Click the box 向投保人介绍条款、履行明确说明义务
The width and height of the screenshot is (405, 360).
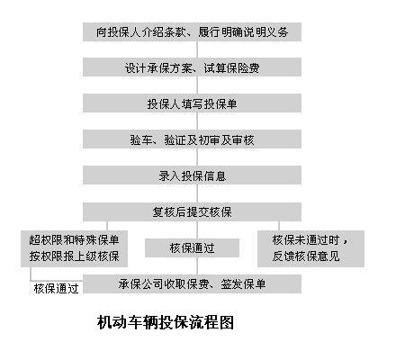click(192, 31)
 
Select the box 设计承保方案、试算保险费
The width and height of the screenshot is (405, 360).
click(192, 67)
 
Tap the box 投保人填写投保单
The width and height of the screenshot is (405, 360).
click(192, 103)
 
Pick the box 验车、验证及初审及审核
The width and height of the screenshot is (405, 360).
click(192, 139)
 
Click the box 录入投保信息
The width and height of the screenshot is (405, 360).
click(192, 175)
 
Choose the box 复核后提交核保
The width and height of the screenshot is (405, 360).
click(192, 211)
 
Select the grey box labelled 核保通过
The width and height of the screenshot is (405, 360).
click(192, 247)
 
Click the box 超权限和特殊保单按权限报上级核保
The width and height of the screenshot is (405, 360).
click(74, 248)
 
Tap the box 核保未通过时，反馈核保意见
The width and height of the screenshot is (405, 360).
click(310, 248)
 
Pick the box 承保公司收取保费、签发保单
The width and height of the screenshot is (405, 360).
click(192, 283)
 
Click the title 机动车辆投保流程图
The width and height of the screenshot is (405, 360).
click(166, 322)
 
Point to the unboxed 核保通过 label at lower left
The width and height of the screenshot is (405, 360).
click(56, 289)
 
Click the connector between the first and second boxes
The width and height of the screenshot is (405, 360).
click(197, 49)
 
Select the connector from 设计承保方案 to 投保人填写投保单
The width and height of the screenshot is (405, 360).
click(197, 85)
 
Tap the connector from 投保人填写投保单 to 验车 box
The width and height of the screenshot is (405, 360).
click(197, 121)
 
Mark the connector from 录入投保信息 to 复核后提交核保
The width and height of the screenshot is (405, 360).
click(197, 193)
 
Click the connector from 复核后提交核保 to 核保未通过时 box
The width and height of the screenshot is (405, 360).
click(279, 226)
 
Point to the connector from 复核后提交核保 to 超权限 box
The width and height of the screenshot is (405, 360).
click(107, 226)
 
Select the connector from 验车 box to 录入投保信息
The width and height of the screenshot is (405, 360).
click(197, 157)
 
